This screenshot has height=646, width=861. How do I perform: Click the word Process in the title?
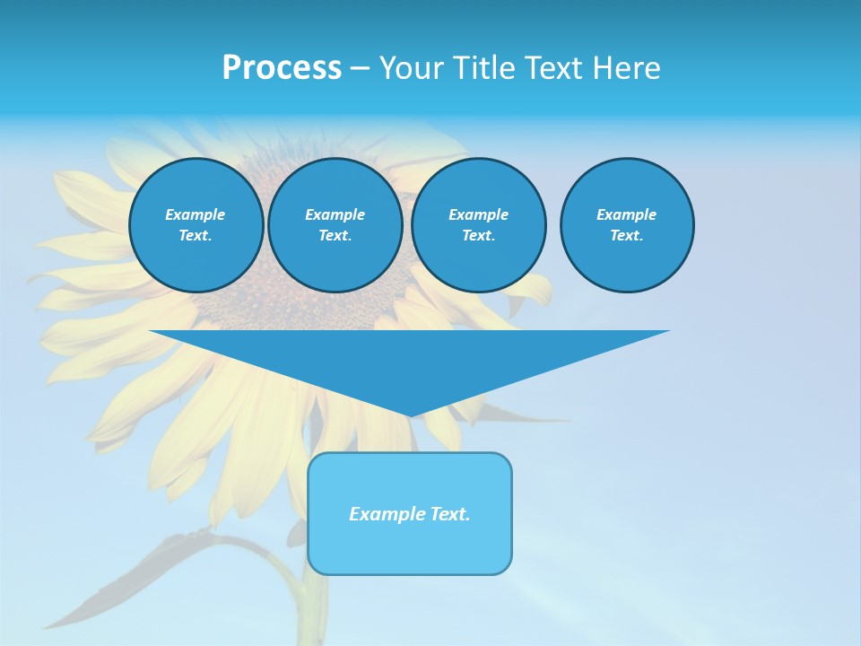click(x=282, y=68)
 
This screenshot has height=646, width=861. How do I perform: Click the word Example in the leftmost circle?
click(x=196, y=214)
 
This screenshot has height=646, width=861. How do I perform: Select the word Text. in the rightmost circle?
click(x=627, y=235)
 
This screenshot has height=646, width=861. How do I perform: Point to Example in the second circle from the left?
click(x=335, y=214)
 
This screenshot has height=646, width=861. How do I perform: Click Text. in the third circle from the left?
click(x=478, y=235)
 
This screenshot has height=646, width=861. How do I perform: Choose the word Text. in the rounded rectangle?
click(x=450, y=514)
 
